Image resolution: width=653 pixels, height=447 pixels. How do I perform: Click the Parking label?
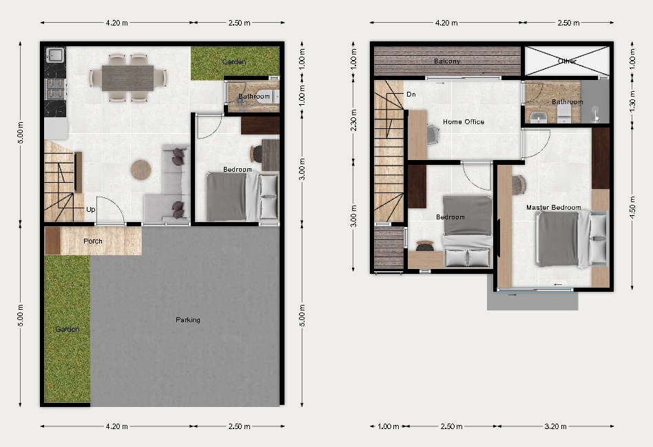point(188,320)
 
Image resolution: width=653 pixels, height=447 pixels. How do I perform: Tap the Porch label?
point(92,241)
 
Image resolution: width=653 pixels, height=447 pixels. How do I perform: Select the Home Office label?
point(464,122)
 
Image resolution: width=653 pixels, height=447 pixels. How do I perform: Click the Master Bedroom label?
point(554,207)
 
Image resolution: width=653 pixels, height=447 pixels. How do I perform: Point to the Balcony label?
point(447,61)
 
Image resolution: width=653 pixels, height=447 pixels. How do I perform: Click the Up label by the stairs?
point(90,209)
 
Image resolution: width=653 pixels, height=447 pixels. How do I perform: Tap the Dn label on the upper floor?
point(411,95)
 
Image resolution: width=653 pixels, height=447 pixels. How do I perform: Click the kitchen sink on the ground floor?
point(54,55)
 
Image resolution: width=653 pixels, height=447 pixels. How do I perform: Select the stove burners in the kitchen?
point(55,88)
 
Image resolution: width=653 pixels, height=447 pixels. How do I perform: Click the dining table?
point(127,78)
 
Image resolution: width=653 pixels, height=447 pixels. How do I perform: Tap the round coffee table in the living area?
point(141,170)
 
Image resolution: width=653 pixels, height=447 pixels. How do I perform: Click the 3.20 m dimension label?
point(555,426)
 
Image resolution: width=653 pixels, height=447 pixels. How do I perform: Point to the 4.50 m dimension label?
point(632,207)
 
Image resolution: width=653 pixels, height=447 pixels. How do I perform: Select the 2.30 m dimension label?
point(353,120)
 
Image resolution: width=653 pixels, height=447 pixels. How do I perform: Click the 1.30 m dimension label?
point(632,101)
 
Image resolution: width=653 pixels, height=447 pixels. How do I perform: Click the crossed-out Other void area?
point(567,61)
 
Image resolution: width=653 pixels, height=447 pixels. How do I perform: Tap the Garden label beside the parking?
point(67,329)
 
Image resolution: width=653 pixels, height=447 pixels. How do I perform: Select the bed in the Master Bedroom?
point(572,239)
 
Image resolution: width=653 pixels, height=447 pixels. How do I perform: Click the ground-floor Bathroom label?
point(254,97)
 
